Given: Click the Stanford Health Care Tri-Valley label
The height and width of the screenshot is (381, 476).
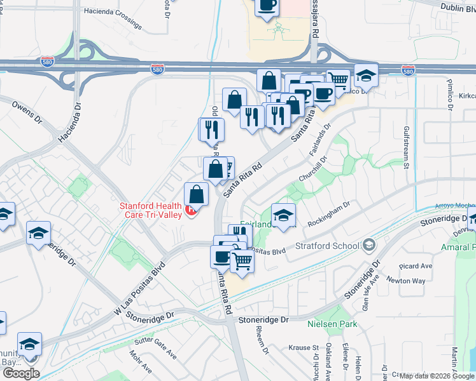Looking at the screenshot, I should [x=150, y=210].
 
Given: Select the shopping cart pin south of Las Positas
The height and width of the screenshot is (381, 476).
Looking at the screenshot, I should [x=242, y=260].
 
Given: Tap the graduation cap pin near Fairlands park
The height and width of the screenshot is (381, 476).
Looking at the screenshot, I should [x=283, y=215].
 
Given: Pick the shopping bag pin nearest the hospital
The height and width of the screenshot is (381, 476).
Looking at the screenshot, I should [x=197, y=194].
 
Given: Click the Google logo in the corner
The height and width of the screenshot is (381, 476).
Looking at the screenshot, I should [x=21, y=373].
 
